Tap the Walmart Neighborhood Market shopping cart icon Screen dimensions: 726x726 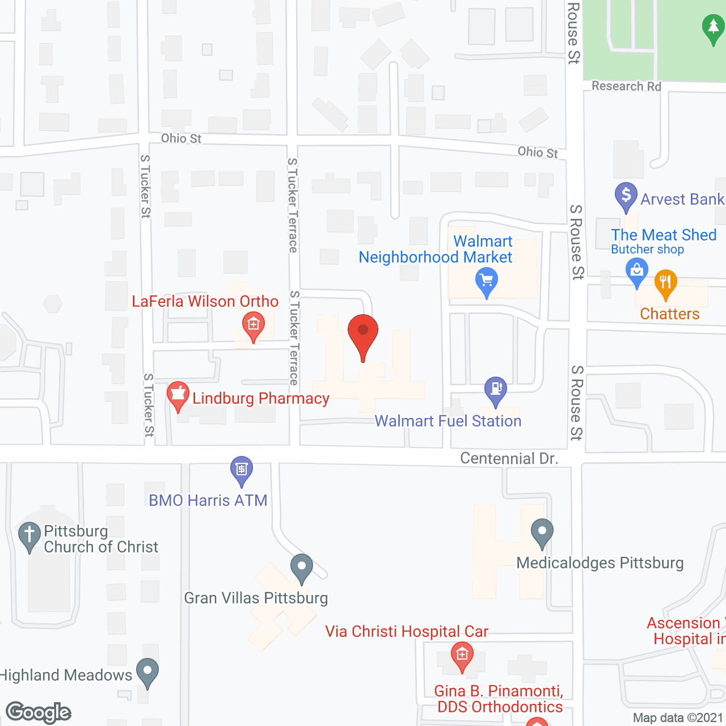coord(487,281)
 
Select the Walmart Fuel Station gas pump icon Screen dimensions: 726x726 coord(496,390)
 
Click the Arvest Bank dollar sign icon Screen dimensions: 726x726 coord(626,196)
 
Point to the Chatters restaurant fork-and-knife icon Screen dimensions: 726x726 coord(665,283)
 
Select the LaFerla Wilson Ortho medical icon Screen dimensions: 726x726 coord(253,325)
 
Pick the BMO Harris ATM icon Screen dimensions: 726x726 coord(242,469)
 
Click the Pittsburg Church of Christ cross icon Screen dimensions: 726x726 coord(29,535)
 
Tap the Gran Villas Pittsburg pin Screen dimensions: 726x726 coord(302,567)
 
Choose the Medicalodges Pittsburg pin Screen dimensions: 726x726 coord(542,532)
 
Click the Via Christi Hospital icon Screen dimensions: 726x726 coord(462,655)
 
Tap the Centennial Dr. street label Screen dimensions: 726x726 coord(509,458)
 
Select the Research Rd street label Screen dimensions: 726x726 coord(626,86)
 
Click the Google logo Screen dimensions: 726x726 coord(39,712)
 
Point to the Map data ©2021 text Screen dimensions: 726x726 coord(678,718)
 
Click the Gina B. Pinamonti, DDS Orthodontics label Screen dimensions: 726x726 coord(499,699)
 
